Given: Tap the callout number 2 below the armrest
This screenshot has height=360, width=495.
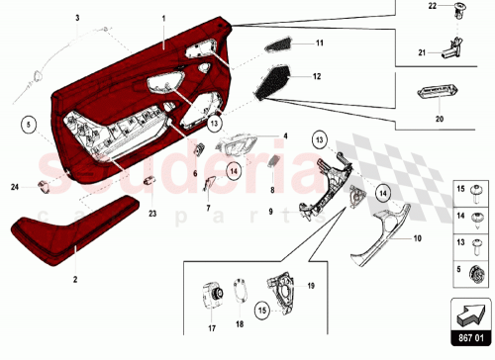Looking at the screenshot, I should click(x=74, y=280).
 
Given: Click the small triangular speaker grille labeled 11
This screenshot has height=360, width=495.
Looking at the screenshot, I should click(x=281, y=45).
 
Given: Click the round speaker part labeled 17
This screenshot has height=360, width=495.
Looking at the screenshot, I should click(x=211, y=297).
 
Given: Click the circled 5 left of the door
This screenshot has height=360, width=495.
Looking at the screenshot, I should click(x=30, y=126).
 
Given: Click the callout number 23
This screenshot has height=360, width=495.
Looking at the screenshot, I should click(x=151, y=212).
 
